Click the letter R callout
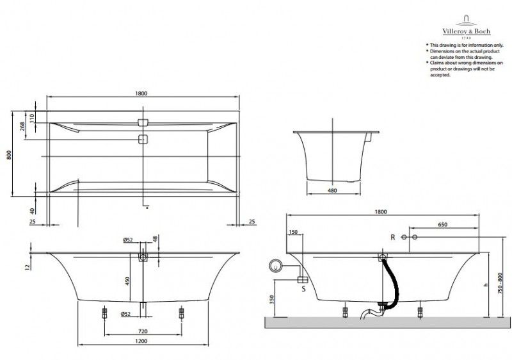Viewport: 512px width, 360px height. pyautogui.click(x=393, y=238)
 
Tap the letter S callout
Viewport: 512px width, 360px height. pyautogui.click(x=303, y=288)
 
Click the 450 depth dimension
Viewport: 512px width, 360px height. pyautogui.click(x=127, y=279)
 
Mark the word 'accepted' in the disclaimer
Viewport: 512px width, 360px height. pyautogui.click(x=442, y=75)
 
